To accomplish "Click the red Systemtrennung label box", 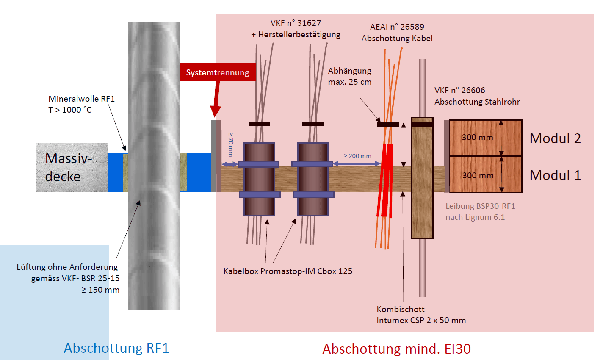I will click(218, 72).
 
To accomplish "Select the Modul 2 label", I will click(555, 138).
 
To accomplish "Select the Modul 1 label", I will click(555, 175).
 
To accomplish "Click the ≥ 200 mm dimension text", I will click(357, 156).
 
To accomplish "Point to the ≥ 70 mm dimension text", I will click(231, 144).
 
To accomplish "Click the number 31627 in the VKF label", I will click(309, 23).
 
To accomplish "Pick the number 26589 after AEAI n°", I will click(412, 27).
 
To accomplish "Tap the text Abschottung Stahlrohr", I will click(477, 102).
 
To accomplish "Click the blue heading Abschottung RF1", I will click(116, 348).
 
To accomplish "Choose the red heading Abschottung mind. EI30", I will click(396, 349).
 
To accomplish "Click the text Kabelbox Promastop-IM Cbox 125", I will click(288, 271).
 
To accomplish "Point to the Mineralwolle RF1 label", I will click(81, 99).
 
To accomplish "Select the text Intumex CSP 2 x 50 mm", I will click(421, 320).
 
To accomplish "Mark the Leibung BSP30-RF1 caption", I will click(480, 206).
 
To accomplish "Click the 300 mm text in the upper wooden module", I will click(477, 137).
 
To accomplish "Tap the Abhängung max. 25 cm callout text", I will click(350, 76).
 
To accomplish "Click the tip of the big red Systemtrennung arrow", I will click(216, 116).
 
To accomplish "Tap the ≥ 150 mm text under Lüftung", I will click(101, 290).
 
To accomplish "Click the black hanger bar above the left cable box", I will click(259, 124).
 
